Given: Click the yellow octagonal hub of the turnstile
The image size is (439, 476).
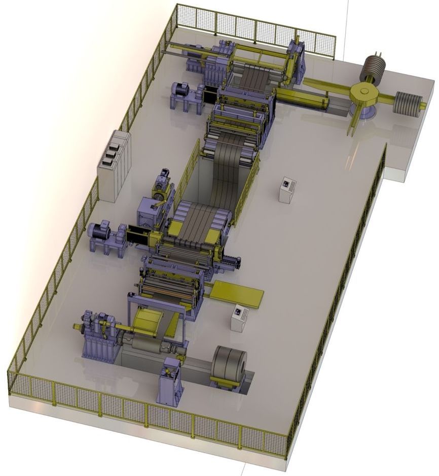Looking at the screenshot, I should [363, 92].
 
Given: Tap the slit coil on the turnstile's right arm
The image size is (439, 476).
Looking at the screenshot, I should [409, 104].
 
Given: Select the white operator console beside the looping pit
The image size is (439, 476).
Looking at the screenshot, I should [287, 190].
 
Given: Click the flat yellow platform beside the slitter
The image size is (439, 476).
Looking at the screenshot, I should [237, 294].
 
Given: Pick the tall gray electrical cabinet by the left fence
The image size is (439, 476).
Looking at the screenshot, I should [115, 165].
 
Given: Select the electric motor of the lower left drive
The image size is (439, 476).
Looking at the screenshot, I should [100, 231].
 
